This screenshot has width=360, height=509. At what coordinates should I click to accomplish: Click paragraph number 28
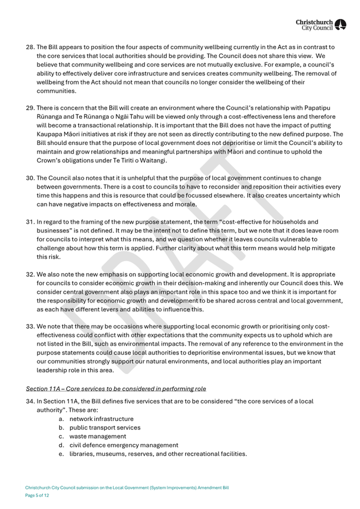point(30,47)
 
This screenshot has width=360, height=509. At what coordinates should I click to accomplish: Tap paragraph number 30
point(30,178)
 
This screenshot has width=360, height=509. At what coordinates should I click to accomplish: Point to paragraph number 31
point(30,221)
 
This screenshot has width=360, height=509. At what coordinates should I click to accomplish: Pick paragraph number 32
point(30,274)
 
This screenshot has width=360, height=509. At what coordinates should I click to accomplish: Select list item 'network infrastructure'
point(101,419)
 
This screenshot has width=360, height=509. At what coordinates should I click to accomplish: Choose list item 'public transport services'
point(105,427)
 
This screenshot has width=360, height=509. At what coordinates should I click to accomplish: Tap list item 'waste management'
point(98,436)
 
